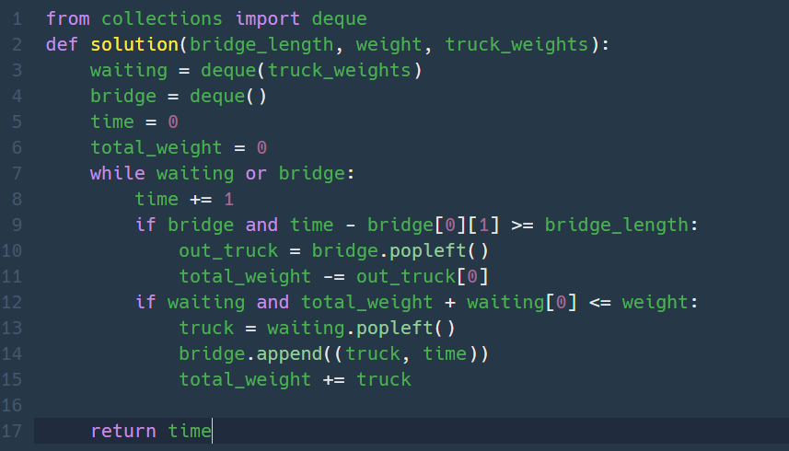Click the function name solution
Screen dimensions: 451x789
pos(134,44)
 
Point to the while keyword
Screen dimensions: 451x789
pos(117,173)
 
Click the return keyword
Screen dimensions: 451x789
pos(123,431)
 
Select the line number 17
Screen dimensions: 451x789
pos(13,431)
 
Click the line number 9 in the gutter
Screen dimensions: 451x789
pos(17,225)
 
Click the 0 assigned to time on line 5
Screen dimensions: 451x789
pos(173,121)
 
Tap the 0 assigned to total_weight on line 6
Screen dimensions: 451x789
pos(261,147)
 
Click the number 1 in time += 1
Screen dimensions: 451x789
pos(228,199)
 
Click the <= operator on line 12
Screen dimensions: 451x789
pos(595,302)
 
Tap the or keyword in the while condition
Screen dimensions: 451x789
pos(256,173)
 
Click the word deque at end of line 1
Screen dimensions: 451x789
pos(339,18)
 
